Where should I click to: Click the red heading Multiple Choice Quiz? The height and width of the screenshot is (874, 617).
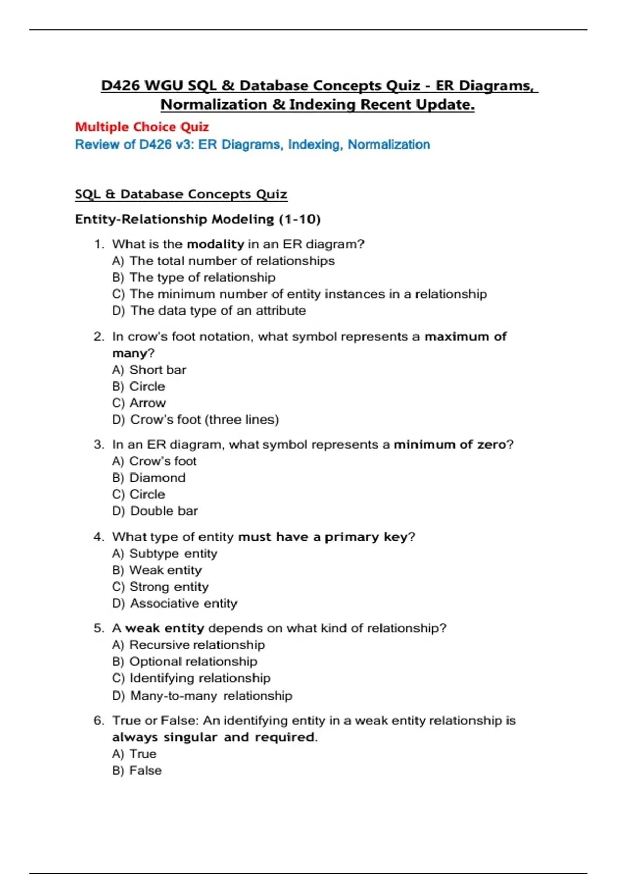point(142,127)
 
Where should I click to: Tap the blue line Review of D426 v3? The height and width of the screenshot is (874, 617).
point(252,144)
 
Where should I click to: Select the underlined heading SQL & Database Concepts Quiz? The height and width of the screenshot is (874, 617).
point(181,194)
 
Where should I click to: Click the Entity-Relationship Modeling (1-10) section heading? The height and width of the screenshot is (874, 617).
point(197,219)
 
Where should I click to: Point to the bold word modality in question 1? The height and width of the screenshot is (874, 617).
point(215,244)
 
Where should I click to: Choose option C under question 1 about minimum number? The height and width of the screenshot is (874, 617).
point(299,294)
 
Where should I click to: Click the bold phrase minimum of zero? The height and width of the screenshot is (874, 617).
point(450,444)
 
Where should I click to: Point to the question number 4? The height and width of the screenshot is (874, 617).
point(98,537)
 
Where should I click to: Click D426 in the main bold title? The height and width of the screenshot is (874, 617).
point(120,86)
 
